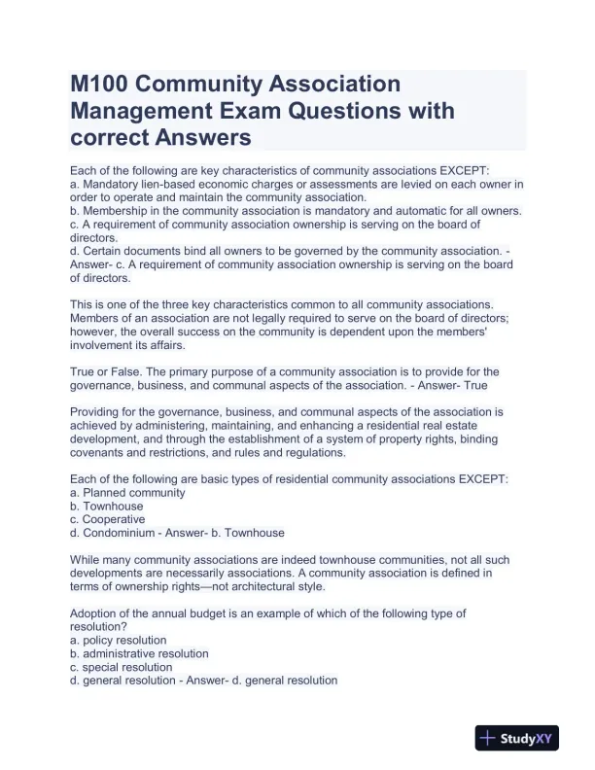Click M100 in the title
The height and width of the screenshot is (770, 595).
pyautogui.click(x=101, y=84)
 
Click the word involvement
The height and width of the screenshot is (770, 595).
pyautogui.click(x=106, y=345)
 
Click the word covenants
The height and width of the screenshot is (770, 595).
pyautogui.click(x=99, y=452)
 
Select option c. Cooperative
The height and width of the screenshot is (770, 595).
pyautogui.click(x=108, y=519)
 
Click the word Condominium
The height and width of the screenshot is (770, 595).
pyautogui.click(x=123, y=533)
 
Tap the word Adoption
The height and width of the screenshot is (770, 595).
pyautogui.click(x=95, y=613)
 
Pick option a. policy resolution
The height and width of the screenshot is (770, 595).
pyautogui.click(x=119, y=641)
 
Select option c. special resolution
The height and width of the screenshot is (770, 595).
pyautogui.click(x=122, y=668)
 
